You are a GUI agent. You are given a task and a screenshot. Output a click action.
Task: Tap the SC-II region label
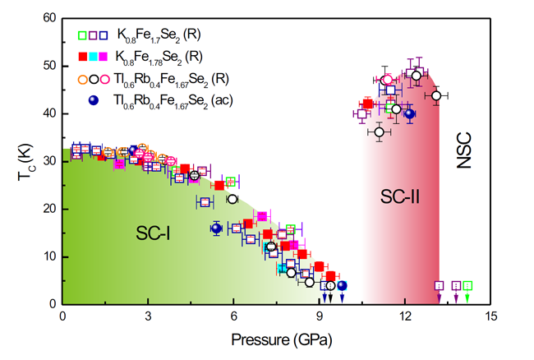click(401, 196)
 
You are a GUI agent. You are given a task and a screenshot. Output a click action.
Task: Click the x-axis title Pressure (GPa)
click(275, 338)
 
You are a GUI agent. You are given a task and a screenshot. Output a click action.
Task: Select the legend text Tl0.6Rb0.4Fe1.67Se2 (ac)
click(171, 100)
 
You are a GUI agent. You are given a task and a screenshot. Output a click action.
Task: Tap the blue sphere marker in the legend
click(93, 99)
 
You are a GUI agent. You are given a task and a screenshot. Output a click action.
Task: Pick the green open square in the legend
click(82, 35)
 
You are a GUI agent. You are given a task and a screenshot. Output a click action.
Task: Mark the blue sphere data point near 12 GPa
click(409, 114)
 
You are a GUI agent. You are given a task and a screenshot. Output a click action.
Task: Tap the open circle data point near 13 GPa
click(436, 95)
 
